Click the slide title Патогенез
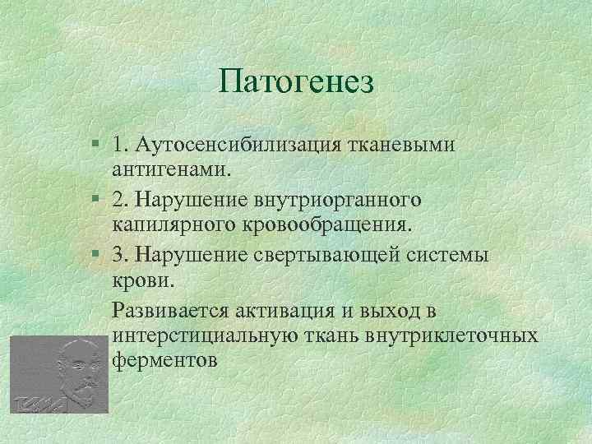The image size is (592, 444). [x=297, y=81]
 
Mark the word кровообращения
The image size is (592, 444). [x=335, y=224]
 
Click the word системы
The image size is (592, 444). [x=451, y=254]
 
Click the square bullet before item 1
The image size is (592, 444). [x=97, y=145]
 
